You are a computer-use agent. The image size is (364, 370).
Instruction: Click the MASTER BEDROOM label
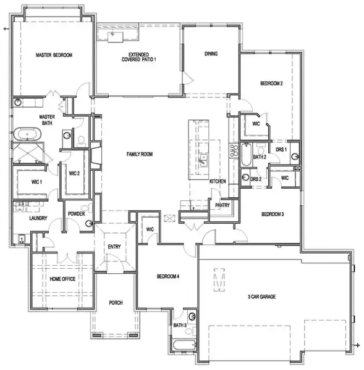[54, 55]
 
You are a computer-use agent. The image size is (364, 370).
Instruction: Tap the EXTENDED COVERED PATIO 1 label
[139, 56]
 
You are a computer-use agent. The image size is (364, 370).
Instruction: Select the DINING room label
[211, 54]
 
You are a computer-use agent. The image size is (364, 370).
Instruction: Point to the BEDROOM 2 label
[271, 84]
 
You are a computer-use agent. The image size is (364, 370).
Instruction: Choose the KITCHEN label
[218, 181]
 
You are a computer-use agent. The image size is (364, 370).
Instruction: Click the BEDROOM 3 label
[273, 214]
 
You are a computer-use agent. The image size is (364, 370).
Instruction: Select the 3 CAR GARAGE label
[276, 297]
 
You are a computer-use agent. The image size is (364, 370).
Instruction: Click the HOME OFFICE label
[62, 278]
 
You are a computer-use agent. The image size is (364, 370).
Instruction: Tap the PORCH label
[116, 303]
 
